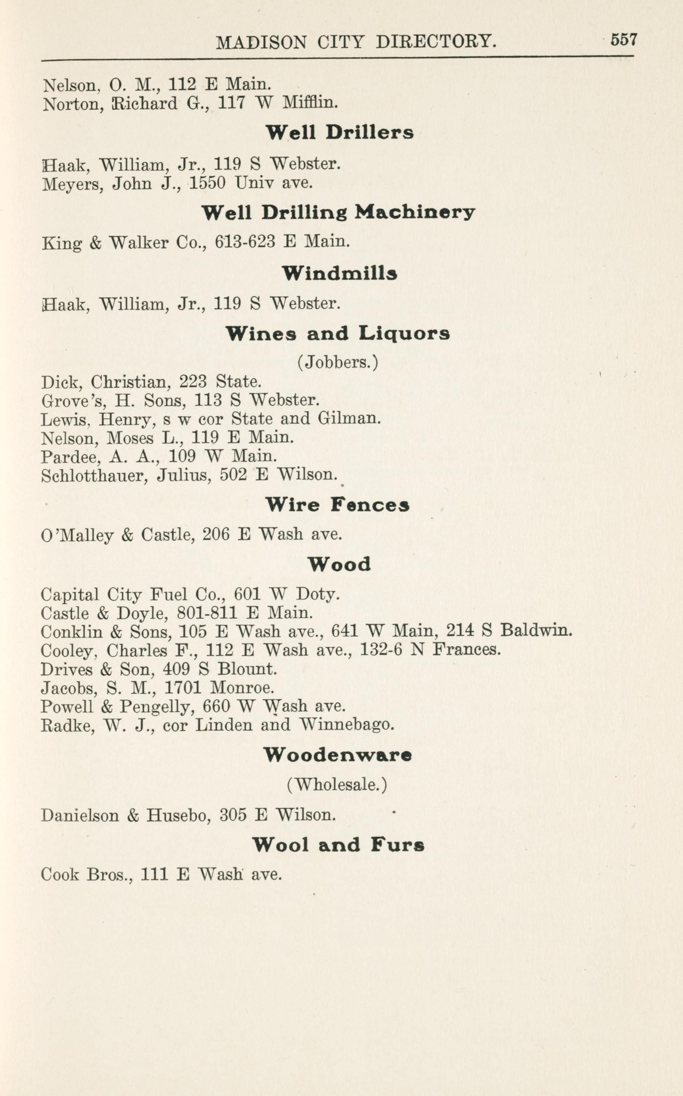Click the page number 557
point(623,40)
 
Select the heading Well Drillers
point(339,132)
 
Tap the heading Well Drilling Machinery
point(338,212)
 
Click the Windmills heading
point(339,273)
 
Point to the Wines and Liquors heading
point(338,334)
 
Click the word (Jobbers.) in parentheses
point(338,362)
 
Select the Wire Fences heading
point(338,505)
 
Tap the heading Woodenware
point(338,755)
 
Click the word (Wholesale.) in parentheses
point(337,784)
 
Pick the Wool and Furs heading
point(338,844)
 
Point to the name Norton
point(73,104)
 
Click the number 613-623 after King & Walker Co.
point(245,242)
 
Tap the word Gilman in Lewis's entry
point(349,418)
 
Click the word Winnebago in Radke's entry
point(346,725)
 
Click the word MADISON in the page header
point(261,43)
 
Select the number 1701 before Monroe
point(182,688)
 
